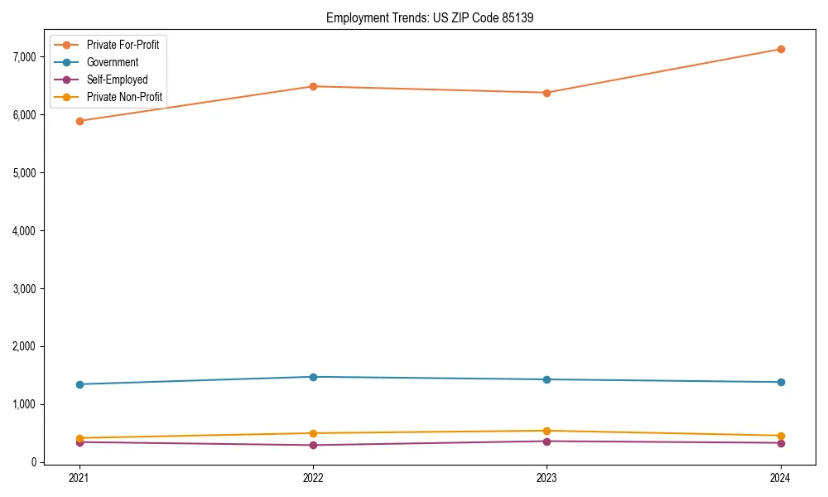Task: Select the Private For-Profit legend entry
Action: tap(123, 45)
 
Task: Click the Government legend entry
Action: tap(113, 62)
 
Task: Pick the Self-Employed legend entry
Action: tap(117, 80)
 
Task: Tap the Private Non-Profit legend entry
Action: tap(124, 97)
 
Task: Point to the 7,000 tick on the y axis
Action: tap(25, 57)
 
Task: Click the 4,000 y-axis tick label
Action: tap(25, 231)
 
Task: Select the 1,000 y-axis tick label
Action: tap(25, 405)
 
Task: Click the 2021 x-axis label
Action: tap(79, 478)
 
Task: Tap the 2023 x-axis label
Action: tap(546, 478)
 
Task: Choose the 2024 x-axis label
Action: tap(781, 478)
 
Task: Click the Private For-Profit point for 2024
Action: tap(781, 49)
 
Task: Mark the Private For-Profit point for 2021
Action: tap(79, 121)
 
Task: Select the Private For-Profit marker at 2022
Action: tap(313, 86)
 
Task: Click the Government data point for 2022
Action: tap(313, 377)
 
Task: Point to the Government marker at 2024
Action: tap(781, 382)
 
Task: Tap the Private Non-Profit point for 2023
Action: tap(546, 431)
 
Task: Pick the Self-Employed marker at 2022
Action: tap(313, 445)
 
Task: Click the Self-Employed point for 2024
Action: tap(781, 442)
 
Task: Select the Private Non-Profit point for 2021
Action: tap(79, 438)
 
